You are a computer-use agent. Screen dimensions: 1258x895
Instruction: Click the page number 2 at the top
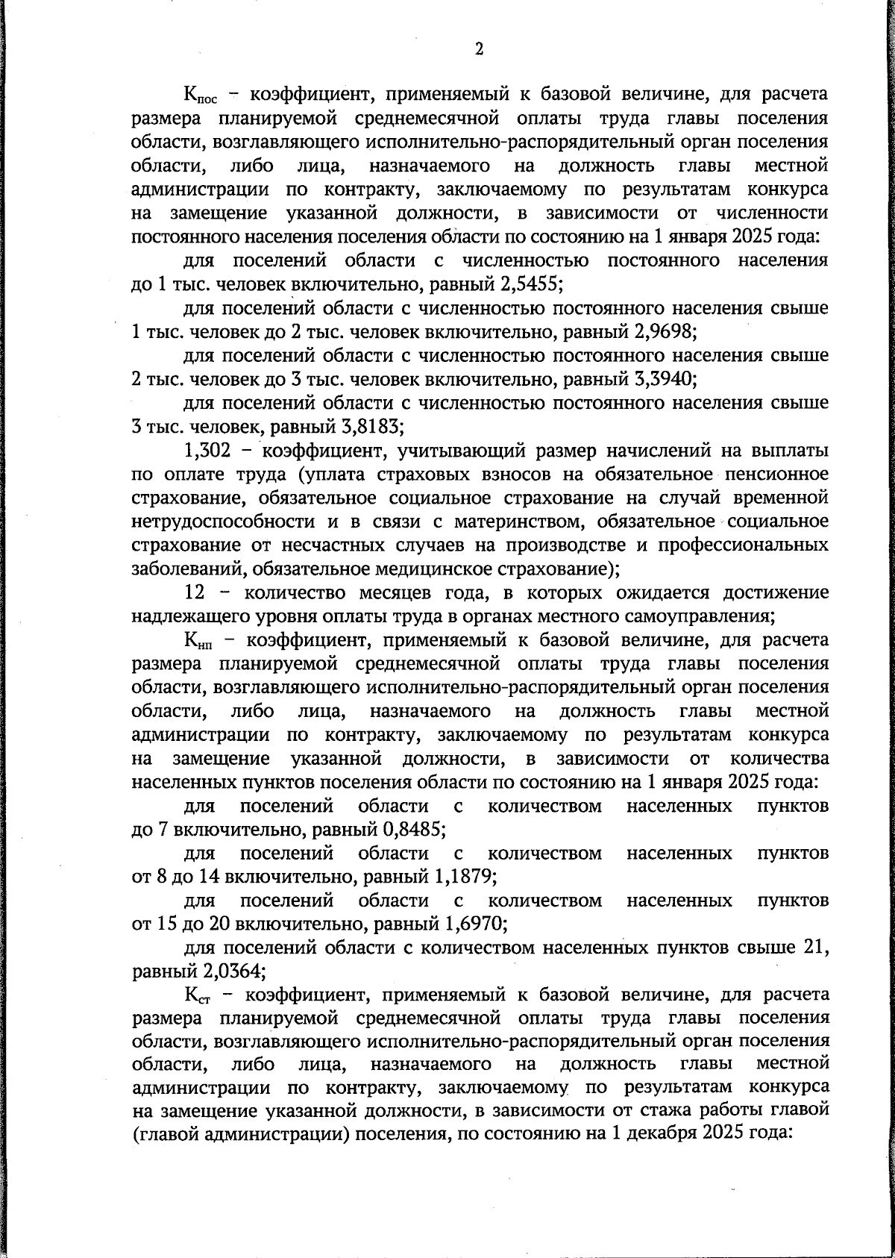tap(479, 49)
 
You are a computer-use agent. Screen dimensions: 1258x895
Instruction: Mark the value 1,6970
tap(476, 924)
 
